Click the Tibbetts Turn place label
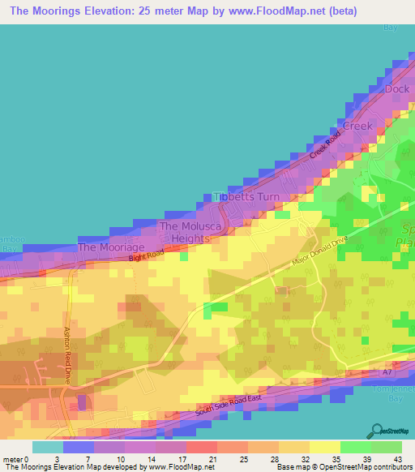point(242,197)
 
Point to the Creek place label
point(358,126)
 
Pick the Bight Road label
point(147,256)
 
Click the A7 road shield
point(388,372)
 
